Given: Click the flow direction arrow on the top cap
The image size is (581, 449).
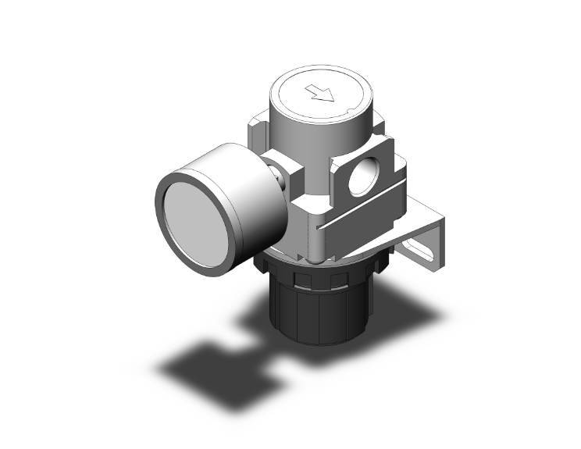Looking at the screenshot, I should (x=321, y=94).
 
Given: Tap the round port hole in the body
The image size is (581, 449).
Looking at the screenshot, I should (x=362, y=177).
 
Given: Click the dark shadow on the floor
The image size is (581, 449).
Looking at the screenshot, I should (x=211, y=359).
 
